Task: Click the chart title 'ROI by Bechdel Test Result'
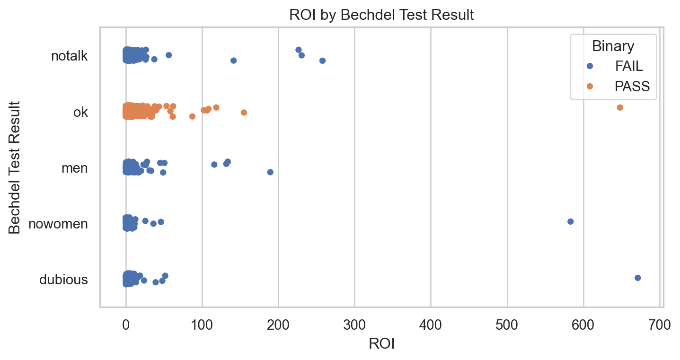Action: tap(381, 15)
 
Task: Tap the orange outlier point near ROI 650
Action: tap(620, 107)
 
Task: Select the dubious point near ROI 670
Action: tap(637, 278)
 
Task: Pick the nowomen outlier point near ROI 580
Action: tap(570, 221)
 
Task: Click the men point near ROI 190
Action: tap(270, 172)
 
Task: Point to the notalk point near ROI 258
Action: tap(322, 61)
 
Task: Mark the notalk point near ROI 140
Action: tap(233, 61)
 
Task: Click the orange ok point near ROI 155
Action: tap(244, 112)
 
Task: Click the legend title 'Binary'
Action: tap(613, 46)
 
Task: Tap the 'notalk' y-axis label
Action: tap(69, 56)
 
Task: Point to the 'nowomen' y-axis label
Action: tap(58, 224)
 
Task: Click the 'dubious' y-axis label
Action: tap(63, 280)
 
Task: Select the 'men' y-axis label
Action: tap(75, 168)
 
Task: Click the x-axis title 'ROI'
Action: tap(381, 344)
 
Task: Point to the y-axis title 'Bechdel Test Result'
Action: tap(15, 167)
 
